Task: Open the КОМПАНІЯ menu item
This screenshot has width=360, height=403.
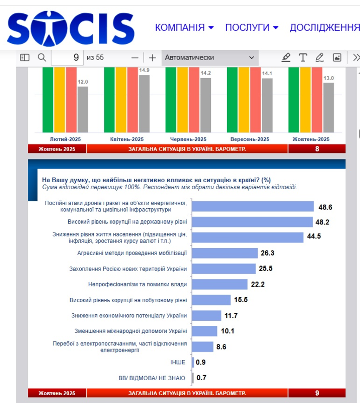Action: pos(184,27)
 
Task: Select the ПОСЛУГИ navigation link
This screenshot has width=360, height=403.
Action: pos(251,27)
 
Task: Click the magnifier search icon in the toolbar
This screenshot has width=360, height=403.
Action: pos(42,58)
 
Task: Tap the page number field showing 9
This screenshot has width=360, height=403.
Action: pos(67,58)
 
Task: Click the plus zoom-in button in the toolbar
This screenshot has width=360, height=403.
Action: pos(152,58)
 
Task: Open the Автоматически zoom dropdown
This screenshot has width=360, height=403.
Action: pos(210,58)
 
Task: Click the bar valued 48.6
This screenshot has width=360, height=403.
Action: pos(253,206)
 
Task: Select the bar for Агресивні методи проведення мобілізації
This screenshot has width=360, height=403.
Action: pos(225,253)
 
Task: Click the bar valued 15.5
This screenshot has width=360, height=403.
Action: pos(211,300)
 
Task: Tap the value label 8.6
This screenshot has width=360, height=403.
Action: pos(221,347)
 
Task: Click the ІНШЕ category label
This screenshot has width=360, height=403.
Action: pos(178,362)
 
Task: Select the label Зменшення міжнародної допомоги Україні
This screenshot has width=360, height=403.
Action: pos(131,331)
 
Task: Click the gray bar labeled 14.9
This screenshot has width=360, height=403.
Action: pos(144,104)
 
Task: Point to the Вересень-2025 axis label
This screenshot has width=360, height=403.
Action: pos(250,139)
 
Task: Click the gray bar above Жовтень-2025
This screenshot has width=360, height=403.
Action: pos(328,107)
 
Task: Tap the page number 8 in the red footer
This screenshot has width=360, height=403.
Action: pos(317,149)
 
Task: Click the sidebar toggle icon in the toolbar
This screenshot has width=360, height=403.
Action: pos(25,58)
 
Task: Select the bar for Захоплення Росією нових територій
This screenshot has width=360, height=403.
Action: pos(224,269)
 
